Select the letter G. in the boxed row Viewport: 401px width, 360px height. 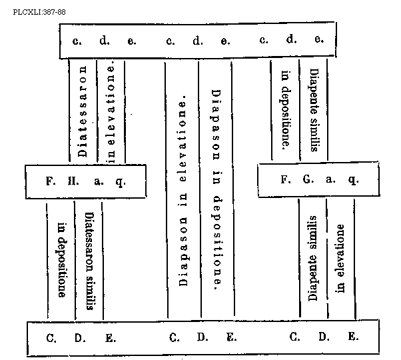click(x=307, y=180)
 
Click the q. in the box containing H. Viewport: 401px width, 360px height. click(x=120, y=181)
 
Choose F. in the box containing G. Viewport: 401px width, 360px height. click(x=285, y=180)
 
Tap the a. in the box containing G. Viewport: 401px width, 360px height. click(x=330, y=180)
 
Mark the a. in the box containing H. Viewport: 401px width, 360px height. click(x=99, y=181)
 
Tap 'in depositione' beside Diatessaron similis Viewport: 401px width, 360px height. click(x=62, y=260)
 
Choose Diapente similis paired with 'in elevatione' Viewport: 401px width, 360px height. click(x=313, y=257)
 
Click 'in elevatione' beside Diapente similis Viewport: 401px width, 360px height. click(x=340, y=259)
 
